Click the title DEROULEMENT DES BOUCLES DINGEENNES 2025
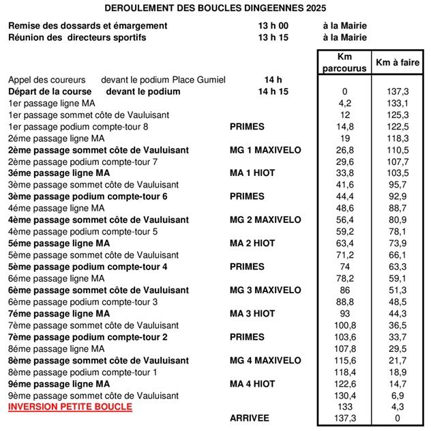(215, 8)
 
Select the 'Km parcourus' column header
(344, 63)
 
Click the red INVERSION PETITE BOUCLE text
(70, 407)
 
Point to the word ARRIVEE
(250, 418)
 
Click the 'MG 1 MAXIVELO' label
(265, 150)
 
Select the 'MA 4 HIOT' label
(252, 384)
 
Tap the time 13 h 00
(272, 26)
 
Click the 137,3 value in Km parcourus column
(344, 418)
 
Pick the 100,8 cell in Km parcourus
(344, 325)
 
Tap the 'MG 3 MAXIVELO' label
(265, 290)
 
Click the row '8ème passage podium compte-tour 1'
(82, 372)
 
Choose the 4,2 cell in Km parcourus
(344, 103)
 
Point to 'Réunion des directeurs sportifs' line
(77, 38)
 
